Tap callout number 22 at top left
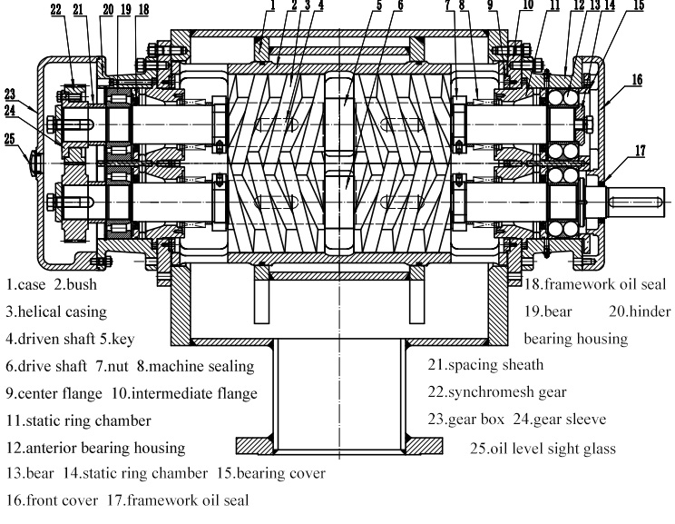pos(56,10)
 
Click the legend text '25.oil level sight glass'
pos(543,448)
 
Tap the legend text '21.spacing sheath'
pos(485,365)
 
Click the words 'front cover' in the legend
pos(57,498)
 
